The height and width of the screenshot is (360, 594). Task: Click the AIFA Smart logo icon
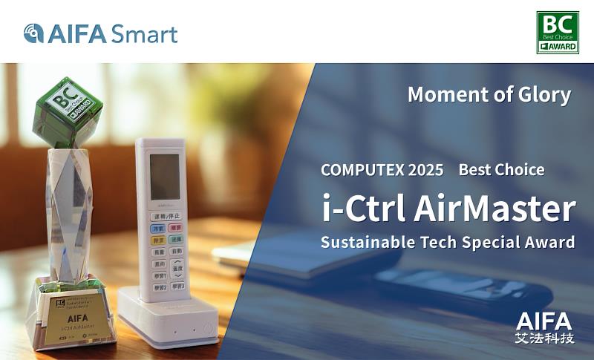[x=33, y=33]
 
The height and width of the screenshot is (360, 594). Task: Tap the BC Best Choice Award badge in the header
[x=557, y=33]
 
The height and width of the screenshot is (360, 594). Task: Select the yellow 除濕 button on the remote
[x=159, y=240]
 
